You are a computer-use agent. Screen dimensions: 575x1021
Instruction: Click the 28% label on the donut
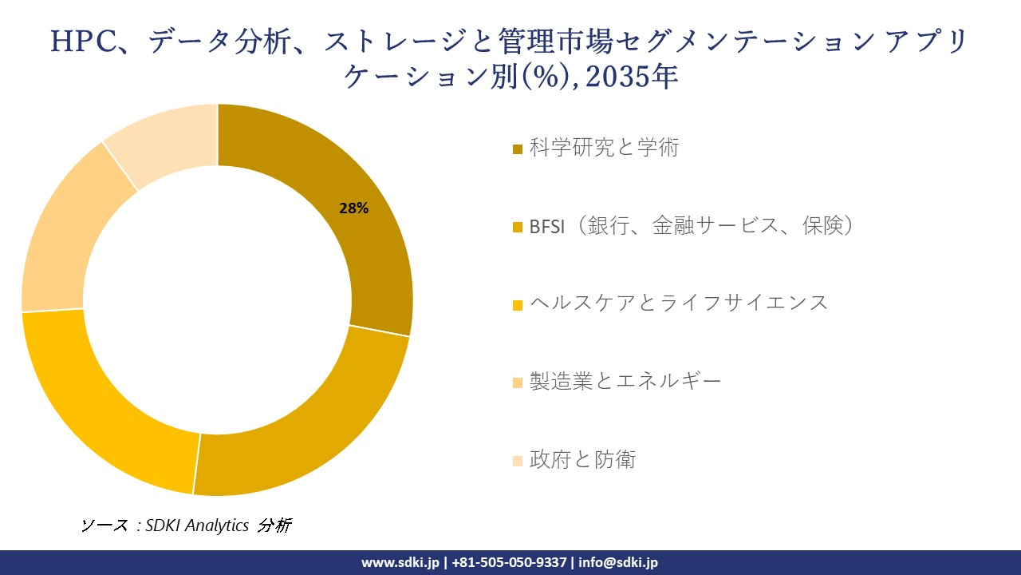tap(353, 208)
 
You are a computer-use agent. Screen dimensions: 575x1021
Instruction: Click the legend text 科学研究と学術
tap(604, 148)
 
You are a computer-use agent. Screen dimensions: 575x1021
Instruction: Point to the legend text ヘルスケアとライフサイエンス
tap(679, 303)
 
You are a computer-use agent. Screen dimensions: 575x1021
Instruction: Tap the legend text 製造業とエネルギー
tap(625, 381)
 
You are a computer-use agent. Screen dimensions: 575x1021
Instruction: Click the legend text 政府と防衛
tap(582, 459)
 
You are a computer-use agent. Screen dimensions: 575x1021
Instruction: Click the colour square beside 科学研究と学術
tap(518, 149)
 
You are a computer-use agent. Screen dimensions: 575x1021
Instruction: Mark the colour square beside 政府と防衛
tap(518, 461)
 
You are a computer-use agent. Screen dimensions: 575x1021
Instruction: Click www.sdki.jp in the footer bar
tap(400, 562)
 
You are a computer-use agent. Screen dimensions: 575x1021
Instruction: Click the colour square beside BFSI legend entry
tap(518, 228)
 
